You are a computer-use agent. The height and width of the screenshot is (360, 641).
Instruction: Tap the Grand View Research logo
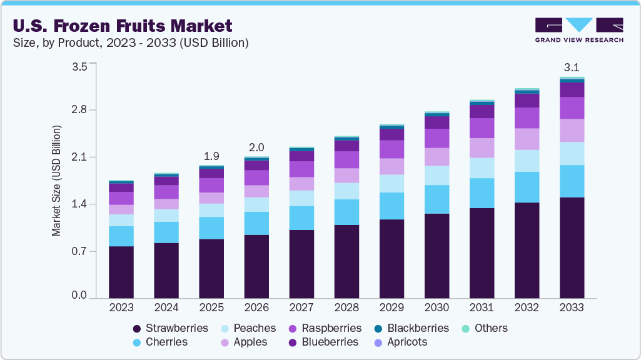click(578, 30)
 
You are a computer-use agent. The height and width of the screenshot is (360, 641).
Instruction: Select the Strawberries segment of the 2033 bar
click(572, 247)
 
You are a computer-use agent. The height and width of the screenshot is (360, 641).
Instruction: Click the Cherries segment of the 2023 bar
click(121, 236)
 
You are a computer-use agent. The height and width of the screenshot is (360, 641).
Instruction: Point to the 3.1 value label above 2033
click(572, 66)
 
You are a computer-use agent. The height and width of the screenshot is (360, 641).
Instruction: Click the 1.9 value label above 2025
click(211, 156)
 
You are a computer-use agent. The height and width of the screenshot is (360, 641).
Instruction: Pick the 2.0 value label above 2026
click(256, 147)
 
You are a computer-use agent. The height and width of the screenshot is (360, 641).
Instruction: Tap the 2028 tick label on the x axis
click(346, 307)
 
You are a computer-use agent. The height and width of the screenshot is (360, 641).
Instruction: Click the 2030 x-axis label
click(437, 307)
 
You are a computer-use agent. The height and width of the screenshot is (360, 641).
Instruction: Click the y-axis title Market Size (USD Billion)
click(57, 181)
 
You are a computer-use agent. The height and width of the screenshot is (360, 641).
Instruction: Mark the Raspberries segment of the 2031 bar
click(482, 128)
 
